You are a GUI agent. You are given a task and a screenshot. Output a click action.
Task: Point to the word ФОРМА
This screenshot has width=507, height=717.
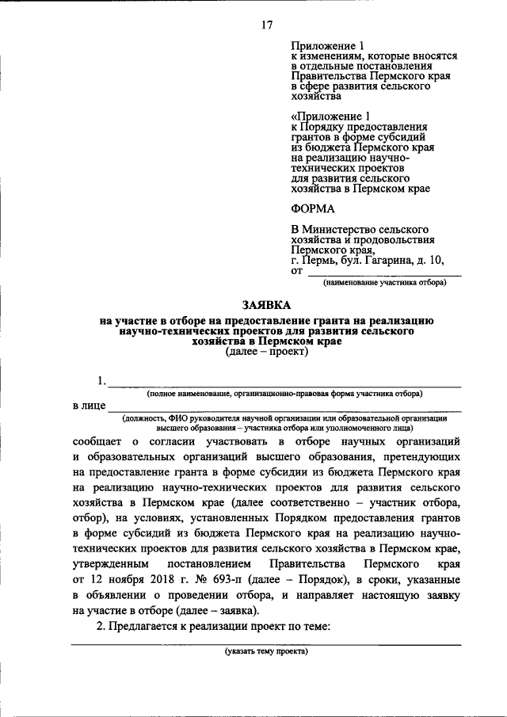(313, 208)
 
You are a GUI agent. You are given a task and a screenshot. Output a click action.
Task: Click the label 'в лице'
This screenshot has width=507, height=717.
(88, 406)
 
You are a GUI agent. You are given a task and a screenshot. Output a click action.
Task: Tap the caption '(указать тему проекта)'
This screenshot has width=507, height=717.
(266, 652)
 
